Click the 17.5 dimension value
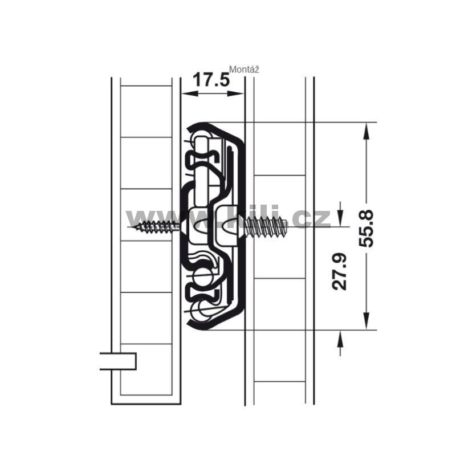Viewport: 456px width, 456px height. pos(211,80)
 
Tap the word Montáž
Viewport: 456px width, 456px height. pos(245,70)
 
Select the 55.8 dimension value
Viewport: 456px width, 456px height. pos(366,229)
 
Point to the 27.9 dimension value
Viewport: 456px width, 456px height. pos(339,272)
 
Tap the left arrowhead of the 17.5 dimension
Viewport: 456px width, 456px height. pos(190,93)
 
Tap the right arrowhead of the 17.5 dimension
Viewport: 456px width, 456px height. pos(235,93)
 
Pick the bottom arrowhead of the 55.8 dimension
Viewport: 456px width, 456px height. pos(366,321)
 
